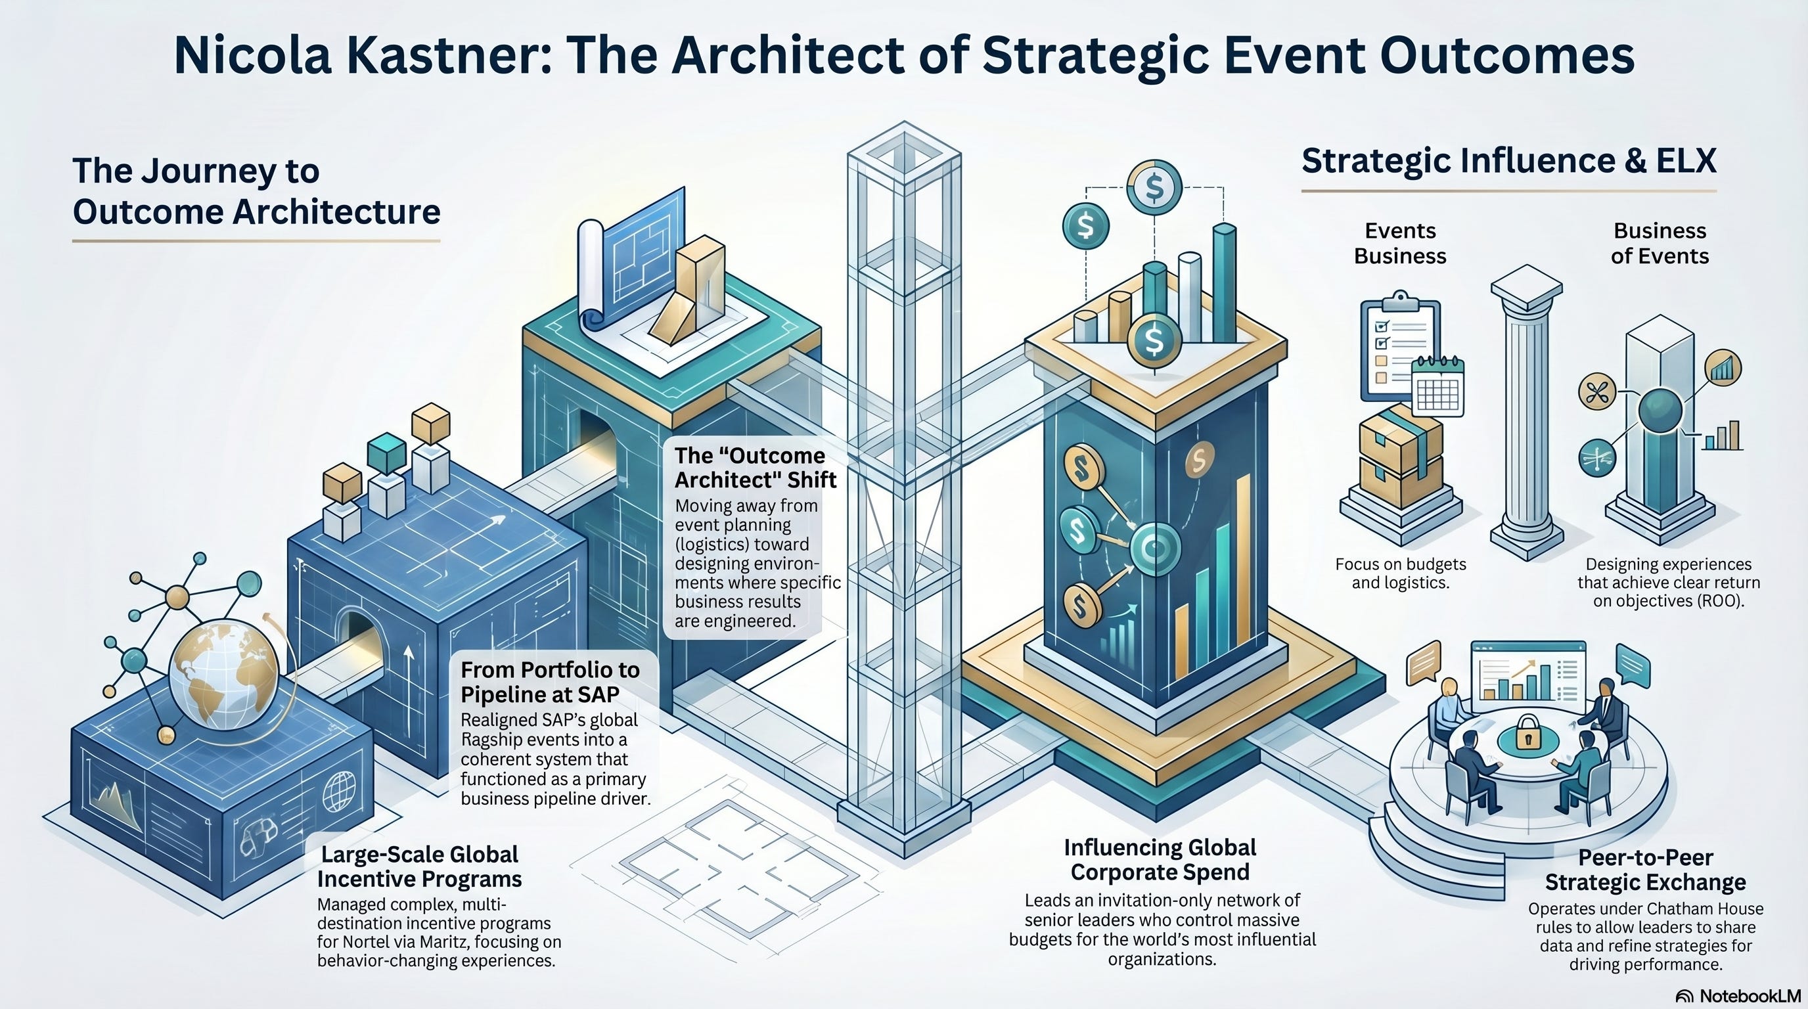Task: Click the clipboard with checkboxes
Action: tap(1397, 348)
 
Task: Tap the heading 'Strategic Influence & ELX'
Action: tap(1508, 161)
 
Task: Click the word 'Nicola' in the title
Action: tap(252, 55)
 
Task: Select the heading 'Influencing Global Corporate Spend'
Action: tap(1160, 859)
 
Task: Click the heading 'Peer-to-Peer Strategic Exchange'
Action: tap(1645, 869)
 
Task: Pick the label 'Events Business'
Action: tap(1399, 243)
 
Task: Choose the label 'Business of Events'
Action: tap(1660, 243)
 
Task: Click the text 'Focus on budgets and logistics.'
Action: tap(1400, 573)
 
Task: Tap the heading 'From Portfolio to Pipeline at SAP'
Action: tap(549, 682)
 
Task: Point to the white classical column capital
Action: tap(1527, 286)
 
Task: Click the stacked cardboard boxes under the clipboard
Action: tap(1400, 456)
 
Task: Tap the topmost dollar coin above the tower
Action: tap(1154, 187)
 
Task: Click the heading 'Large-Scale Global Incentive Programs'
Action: tap(419, 866)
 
